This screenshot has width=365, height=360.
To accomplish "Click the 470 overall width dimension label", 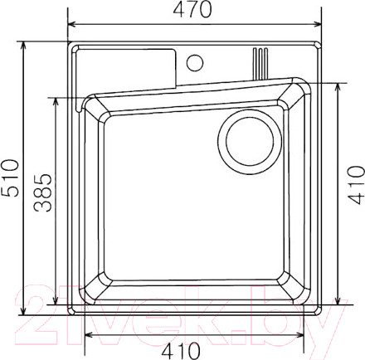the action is pos(192,9).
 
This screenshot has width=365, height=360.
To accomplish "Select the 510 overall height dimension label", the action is pos(11,178).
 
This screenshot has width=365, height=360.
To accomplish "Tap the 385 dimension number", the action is pos(43,192).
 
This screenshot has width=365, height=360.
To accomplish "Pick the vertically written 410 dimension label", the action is pos(356,185).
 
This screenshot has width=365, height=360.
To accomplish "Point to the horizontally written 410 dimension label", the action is pos(181,351).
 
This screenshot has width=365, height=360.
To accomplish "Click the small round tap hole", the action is pos(195,63).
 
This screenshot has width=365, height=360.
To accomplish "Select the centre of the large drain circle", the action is pos(250,142).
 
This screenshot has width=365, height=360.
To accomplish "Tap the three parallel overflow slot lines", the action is pos(260,63).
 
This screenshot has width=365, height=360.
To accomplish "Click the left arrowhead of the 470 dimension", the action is pos(72,24).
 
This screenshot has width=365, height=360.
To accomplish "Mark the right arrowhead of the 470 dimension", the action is pos(317,24).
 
